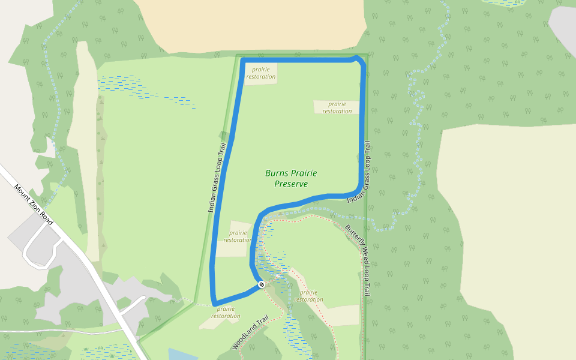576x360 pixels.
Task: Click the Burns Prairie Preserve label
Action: click(x=291, y=178)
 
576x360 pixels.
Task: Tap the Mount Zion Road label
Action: click(x=34, y=205)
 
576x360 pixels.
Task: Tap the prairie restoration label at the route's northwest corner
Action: click(x=261, y=73)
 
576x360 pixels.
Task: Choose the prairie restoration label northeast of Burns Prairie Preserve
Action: click(x=337, y=107)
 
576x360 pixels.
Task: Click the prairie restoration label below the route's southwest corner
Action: click(x=226, y=313)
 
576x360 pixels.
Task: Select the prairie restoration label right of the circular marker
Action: click(x=308, y=296)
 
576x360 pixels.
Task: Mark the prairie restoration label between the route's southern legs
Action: click(x=238, y=236)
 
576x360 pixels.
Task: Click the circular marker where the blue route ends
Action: click(x=262, y=284)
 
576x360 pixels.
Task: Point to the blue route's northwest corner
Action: click(x=242, y=61)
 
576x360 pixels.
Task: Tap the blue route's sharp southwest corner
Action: click(x=214, y=303)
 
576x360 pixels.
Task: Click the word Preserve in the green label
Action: click(x=291, y=184)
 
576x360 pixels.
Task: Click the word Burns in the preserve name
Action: click(x=276, y=173)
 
